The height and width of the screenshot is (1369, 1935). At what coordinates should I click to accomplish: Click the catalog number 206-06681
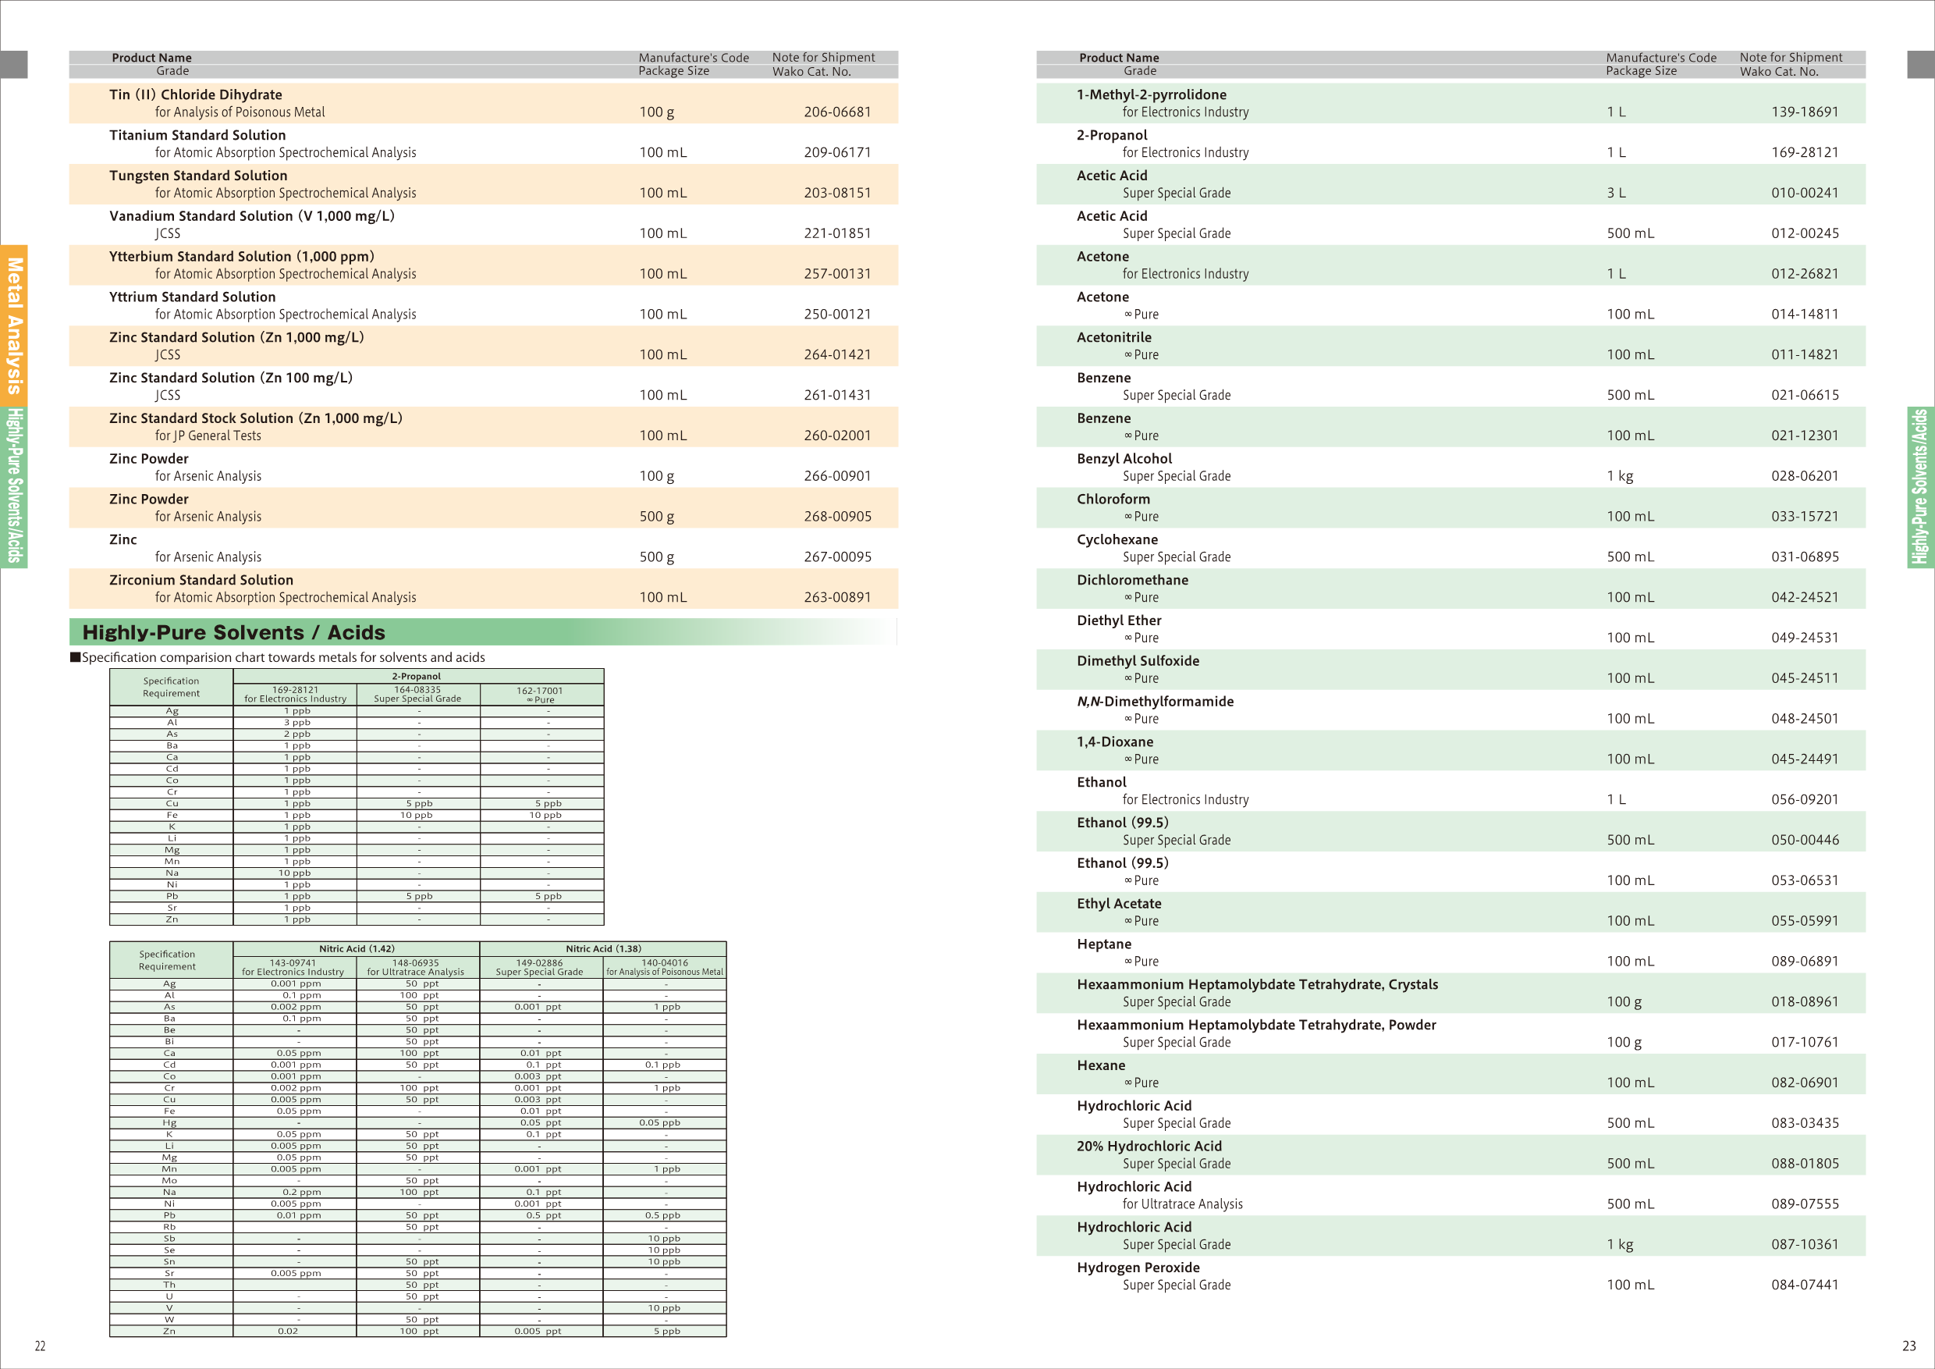click(837, 112)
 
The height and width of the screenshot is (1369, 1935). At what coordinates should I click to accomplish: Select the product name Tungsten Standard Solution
click(198, 176)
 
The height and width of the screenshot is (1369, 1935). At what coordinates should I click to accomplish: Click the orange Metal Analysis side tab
click(14, 325)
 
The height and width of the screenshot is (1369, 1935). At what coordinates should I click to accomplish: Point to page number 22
click(40, 1346)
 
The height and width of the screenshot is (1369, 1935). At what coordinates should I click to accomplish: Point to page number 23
click(1909, 1346)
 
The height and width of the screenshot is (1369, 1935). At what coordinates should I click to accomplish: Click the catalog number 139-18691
click(1805, 112)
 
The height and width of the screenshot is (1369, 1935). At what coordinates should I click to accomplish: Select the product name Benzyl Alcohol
click(1124, 459)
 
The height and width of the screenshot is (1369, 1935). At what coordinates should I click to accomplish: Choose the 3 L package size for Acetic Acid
click(1616, 193)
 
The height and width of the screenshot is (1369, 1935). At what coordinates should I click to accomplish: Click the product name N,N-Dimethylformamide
click(1155, 702)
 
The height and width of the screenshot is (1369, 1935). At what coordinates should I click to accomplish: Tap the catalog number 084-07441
click(1805, 1285)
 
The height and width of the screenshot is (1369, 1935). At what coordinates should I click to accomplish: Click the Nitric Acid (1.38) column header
click(602, 948)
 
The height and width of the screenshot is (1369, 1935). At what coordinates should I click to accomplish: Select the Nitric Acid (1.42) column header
click(357, 948)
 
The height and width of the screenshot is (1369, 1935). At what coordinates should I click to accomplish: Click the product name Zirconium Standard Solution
click(201, 580)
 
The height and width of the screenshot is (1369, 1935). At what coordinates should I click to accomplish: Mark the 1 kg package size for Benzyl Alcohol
click(1619, 476)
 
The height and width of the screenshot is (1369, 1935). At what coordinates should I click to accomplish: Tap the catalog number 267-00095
click(837, 557)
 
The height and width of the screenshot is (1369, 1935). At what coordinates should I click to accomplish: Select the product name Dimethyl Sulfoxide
click(1138, 661)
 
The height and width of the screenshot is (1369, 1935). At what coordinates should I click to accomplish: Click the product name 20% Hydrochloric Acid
click(1149, 1147)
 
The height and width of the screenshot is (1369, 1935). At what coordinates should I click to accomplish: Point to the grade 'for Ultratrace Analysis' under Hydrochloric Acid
click(1181, 1204)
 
